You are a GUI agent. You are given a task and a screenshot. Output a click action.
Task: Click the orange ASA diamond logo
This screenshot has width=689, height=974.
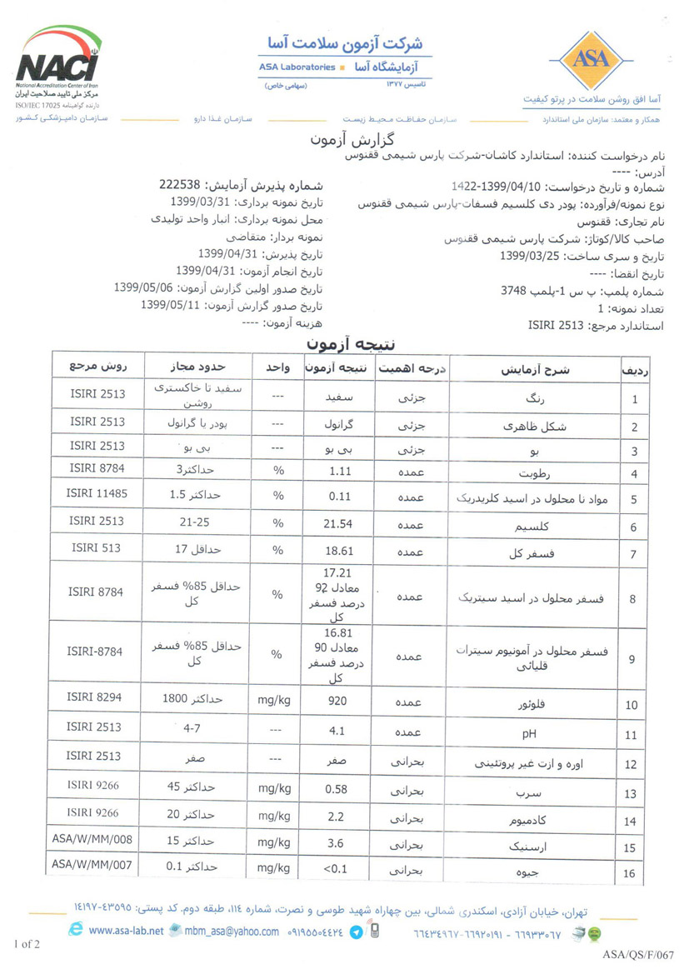592,59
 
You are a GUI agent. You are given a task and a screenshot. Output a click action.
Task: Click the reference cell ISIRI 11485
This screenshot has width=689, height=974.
97,493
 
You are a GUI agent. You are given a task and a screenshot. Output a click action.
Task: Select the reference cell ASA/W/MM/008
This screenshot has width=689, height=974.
92,837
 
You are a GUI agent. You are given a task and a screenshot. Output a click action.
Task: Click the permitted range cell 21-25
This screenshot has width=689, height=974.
192,522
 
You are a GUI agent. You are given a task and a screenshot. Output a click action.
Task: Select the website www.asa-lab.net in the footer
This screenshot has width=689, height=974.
126,931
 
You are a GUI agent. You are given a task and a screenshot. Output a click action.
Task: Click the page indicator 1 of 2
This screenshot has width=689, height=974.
27,944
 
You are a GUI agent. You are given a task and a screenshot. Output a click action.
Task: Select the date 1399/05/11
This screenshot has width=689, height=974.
171,305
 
